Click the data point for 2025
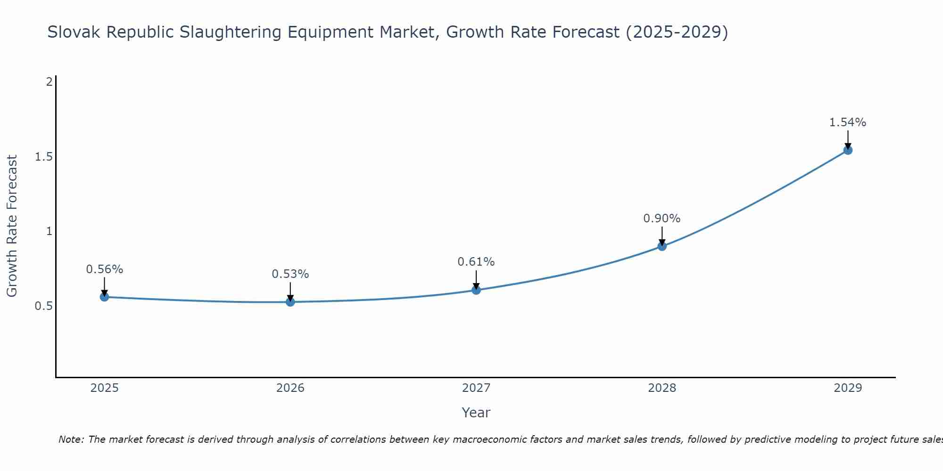pyautogui.click(x=105, y=297)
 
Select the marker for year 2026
pyautogui.click(x=290, y=301)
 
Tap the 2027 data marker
pyautogui.click(x=476, y=290)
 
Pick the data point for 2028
pyautogui.click(x=662, y=246)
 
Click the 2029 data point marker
pyautogui.click(x=848, y=150)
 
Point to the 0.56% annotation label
pyautogui.click(x=105, y=269)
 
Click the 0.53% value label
pyautogui.click(x=290, y=274)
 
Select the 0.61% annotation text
pyautogui.click(x=476, y=262)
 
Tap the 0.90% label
pyautogui.click(x=662, y=219)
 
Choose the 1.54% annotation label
pyautogui.click(x=848, y=122)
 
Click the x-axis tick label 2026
pyautogui.click(x=290, y=388)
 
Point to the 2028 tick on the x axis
pyautogui.click(x=662, y=388)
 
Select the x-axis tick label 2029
pyautogui.click(x=848, y=388)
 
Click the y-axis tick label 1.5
pyautogui.click(x=43, y=156)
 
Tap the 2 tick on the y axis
pyautogui.click(x=49, y=82)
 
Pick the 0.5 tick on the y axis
pyautogui.click(x=43, y=306)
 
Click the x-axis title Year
pyautogui.click(x=476, y=413)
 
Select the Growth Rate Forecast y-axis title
pyautogui.click(x=12, y=226)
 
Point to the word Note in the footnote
pyautogui.click(x=71, y=439)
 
